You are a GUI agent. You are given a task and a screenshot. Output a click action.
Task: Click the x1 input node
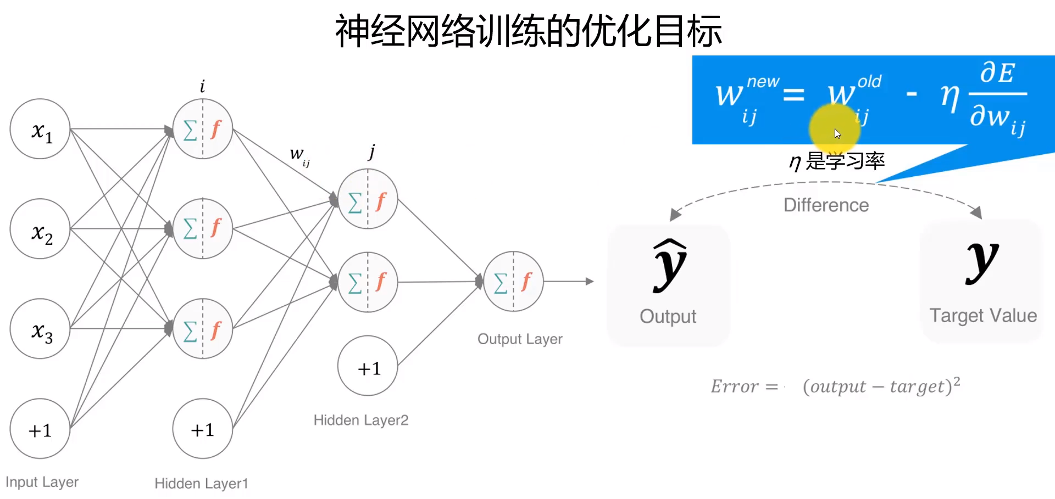coord(40,129)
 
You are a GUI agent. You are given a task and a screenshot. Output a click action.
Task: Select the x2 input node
coord(40,229)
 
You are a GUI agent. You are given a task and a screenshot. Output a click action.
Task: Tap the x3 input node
coord(40,329)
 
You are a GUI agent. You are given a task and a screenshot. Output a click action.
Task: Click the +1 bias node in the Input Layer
coord(40,429)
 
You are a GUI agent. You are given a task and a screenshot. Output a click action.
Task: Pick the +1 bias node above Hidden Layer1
coord(202,429)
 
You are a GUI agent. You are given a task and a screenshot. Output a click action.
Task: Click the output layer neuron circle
coord(513,281)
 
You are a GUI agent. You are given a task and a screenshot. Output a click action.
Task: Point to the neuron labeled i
coord(202,129)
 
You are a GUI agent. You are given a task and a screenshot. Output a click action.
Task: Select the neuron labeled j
coord(368,199)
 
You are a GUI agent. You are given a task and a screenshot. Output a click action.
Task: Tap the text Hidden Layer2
coord(361,420)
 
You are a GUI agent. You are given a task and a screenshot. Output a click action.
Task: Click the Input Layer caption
coord(42,482)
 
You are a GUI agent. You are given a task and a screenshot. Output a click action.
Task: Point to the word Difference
coord(826,205)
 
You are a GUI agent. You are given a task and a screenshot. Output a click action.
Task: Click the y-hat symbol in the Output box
coord(669,265)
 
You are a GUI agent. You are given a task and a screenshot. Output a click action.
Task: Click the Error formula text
coord(835,386)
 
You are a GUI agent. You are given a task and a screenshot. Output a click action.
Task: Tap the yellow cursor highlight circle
coord(834,130)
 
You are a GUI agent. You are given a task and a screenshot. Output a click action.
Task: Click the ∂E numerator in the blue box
coord(997,72)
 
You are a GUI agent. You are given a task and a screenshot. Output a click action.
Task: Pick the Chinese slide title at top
coord(528,31)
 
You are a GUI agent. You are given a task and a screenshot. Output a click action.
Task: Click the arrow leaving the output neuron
coord(569,281)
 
